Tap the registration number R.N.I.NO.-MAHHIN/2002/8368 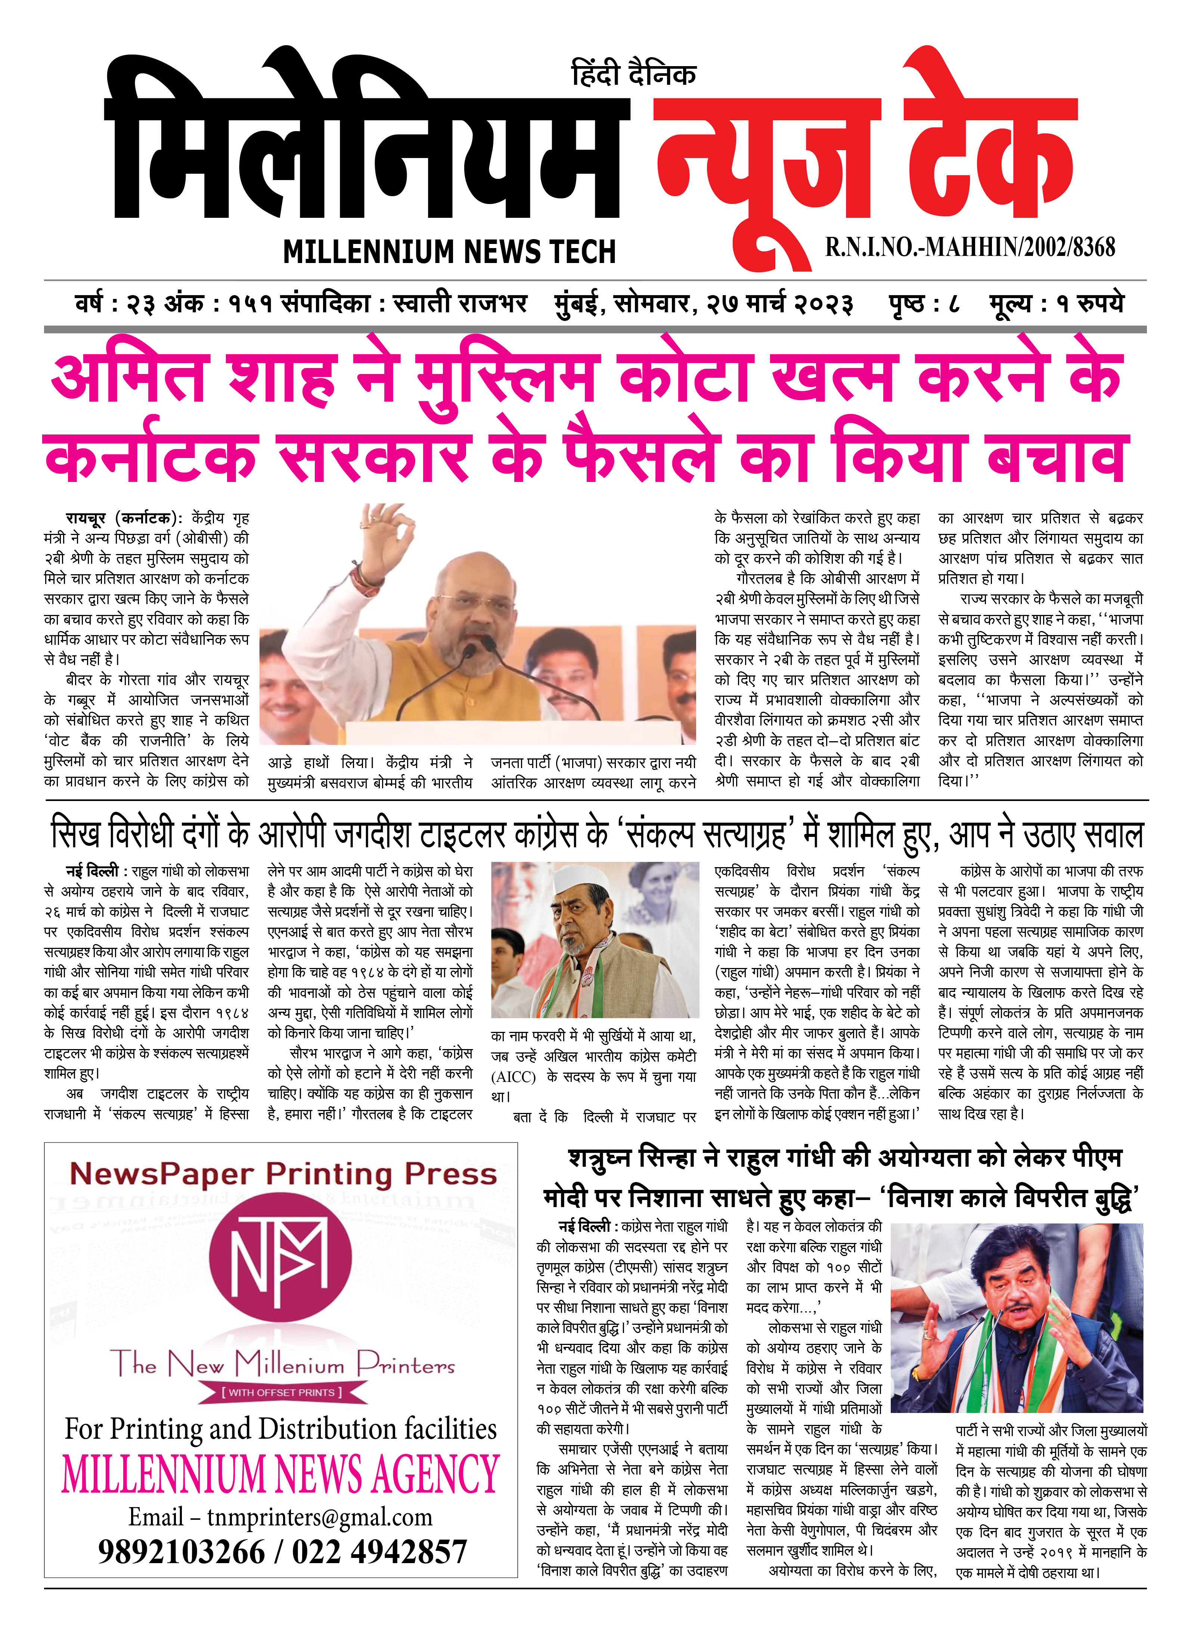(970, 247)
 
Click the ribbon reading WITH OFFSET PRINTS (280, 1392)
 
